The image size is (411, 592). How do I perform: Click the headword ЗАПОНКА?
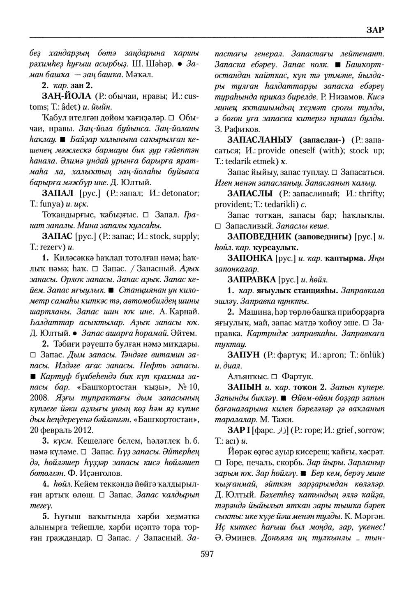[249, 258]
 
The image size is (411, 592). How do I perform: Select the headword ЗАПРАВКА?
[251, 280]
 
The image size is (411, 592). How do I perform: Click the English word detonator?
[168, 193]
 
